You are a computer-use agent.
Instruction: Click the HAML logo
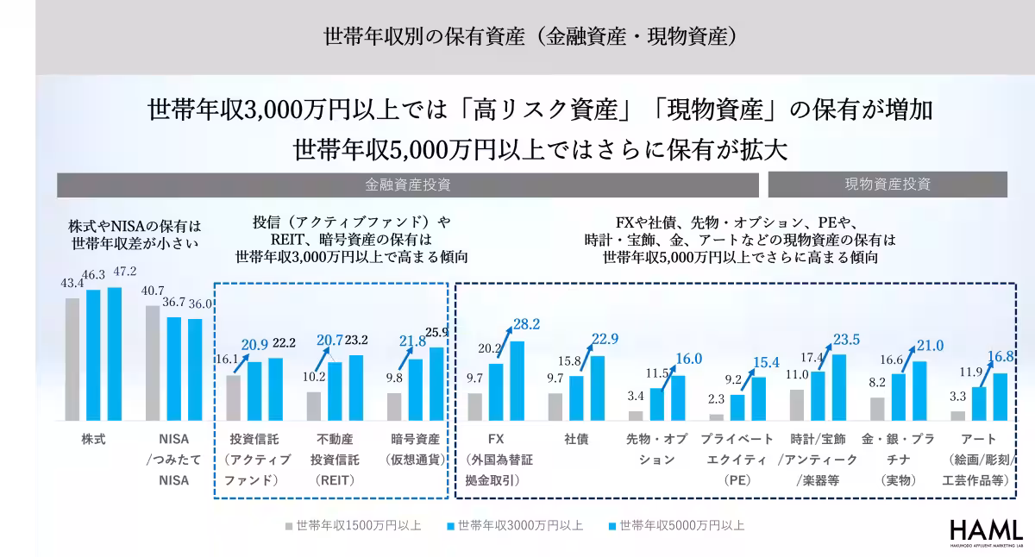pyautogui.click(x=986, y=533)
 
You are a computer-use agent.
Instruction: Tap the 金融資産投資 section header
pyautogui.click(x=408, y=185)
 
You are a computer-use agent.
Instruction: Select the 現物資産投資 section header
pyautogui.click(x=888, y=185)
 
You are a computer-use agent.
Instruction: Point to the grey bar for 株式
pyautogui.click(x=72, y=359)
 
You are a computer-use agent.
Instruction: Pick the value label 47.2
pyautogui.click(x=115, y=272)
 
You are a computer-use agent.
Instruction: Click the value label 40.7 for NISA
pyautogui.click(x=153, y=291)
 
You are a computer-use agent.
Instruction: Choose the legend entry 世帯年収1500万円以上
pyautogui.click(x=353, y=525)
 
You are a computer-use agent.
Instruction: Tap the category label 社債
pyautogui.click(x=576, y=439)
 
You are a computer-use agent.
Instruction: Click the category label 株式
pyautogui.click(x=93, y=439)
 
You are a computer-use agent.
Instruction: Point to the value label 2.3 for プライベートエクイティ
pyautogui.click(x=715, y=400)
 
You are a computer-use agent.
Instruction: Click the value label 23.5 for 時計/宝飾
pyautogui.click(x=844, y=339)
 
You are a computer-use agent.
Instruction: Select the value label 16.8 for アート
pyautogui.click(x=1000, y=357)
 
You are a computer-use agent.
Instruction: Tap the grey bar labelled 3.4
pyautogui.click(x=636, y=416)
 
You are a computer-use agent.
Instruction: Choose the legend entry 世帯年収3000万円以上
pyautogui.click(x=515, y=525)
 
